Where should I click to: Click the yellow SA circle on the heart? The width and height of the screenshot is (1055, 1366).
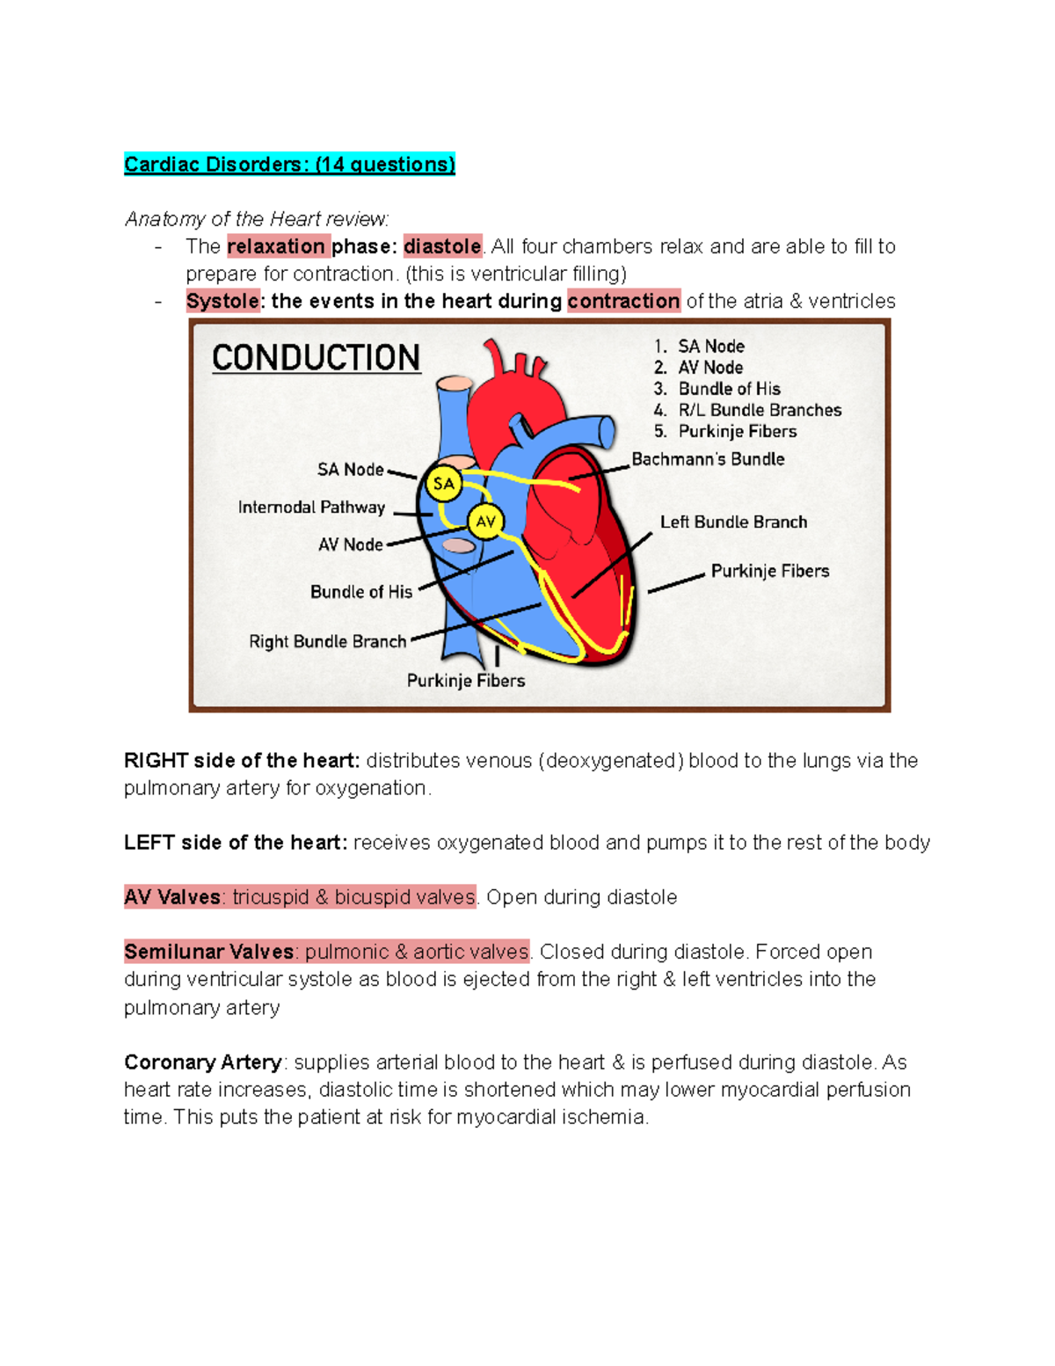[444, 484]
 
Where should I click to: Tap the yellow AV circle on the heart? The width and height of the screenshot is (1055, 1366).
[485, 522]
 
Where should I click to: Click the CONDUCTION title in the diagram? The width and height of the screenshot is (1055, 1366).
[316, 358]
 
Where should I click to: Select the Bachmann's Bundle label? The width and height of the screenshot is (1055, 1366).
[708, 459]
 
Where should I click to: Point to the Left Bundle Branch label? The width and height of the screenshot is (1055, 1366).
[733, 522]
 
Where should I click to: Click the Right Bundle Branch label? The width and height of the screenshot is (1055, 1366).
[327, 642]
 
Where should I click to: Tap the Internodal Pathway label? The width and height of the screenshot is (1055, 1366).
[311, 508]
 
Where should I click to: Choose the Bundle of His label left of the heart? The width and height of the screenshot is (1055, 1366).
[360, 592]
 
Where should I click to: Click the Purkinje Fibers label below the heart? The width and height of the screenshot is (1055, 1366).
[466, 681]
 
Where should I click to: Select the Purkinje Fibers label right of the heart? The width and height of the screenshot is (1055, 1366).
[770, 572]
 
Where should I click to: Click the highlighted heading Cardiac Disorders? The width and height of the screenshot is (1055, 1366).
[289, 164]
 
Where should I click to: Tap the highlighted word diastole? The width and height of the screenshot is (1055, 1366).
[442, 246]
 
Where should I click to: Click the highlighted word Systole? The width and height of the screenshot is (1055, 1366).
[222, 301]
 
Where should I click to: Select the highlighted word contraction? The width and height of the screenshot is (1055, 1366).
[623, 301]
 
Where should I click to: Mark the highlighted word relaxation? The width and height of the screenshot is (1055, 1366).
[276, 246]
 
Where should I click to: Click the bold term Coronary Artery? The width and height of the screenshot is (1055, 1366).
[203, 1063]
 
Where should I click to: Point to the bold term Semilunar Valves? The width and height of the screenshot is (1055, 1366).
[209, 952]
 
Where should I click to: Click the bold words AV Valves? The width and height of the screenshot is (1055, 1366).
[172, 897]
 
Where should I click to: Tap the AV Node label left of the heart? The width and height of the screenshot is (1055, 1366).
[350, 545]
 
